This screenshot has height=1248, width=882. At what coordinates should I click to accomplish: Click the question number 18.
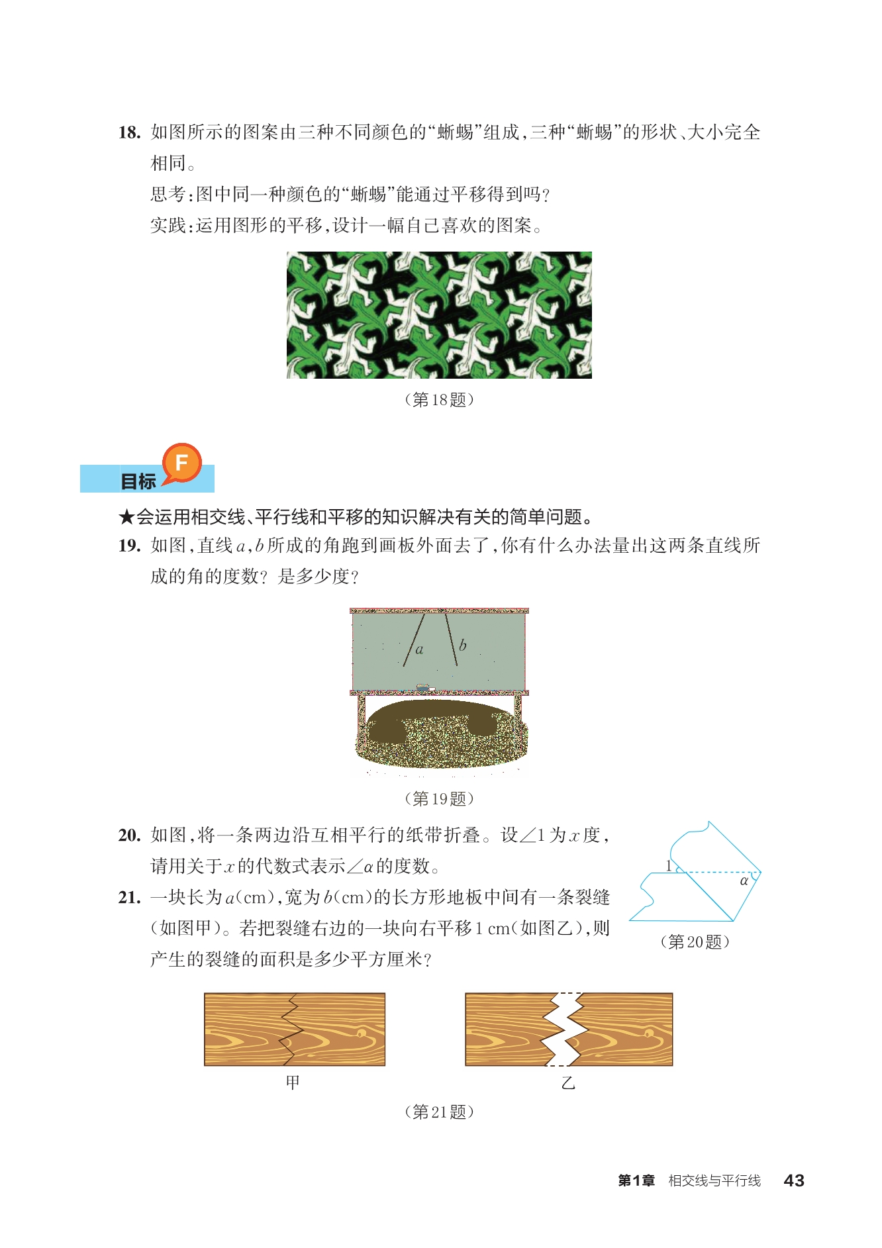click(129, 132)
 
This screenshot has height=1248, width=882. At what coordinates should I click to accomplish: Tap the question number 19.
click(129, 546)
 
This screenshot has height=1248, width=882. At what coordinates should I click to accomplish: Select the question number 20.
click(129, 835)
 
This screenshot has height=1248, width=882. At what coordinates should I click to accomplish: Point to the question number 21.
click(129, 897)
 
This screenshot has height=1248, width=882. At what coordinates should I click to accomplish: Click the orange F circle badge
click(181, 462)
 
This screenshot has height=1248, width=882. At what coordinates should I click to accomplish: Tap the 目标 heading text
click(138, 481)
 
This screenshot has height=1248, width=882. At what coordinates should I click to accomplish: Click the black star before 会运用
click(126, 517)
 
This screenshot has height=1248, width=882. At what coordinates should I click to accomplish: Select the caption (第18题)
click(439, 399)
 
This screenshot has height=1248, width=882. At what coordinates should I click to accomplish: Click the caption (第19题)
click(439, 798)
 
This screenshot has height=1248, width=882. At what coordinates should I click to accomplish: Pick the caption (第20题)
click(695, 941)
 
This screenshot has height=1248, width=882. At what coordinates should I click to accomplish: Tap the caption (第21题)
click(439, 1112)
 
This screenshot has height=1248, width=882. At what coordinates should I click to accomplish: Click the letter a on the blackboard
click(419, 649)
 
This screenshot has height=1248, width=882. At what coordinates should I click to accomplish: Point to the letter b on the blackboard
click(462, 644)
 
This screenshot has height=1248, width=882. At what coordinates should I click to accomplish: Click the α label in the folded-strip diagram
click(744, 881)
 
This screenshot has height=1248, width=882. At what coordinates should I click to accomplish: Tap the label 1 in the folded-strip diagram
click(668, 865)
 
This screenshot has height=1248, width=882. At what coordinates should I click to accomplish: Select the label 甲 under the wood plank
click(293, 1082)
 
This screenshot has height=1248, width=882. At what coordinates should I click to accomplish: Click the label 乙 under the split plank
click(568, 1083)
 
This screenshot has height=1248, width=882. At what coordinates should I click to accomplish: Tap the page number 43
click(794, 1180)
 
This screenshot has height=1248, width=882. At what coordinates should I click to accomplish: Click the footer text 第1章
click(636, 1180)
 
